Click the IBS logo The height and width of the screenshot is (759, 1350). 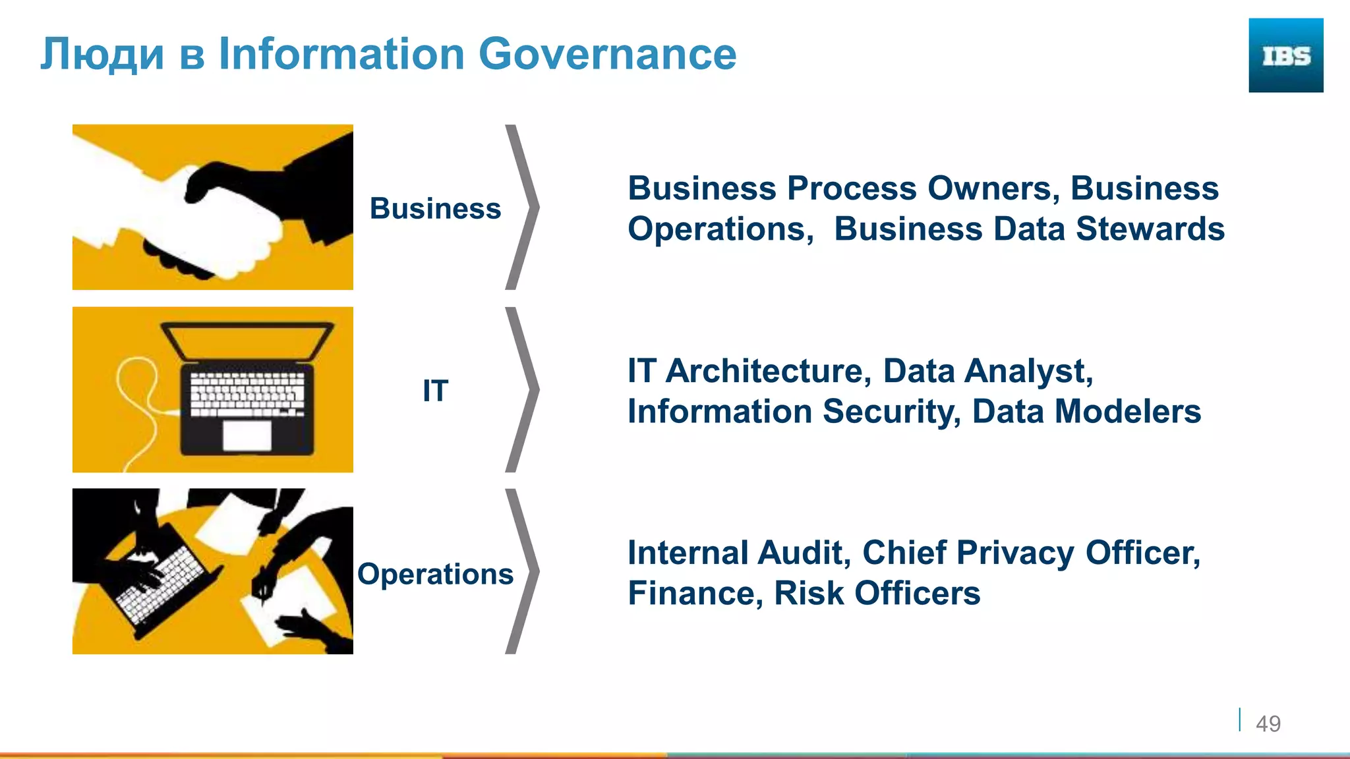click(1285, 55)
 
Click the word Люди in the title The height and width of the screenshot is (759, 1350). click(102, 54)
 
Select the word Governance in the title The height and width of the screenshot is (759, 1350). click(607, 54)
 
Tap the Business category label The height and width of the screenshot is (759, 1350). click(435, 209)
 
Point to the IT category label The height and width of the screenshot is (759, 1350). click(435, 391)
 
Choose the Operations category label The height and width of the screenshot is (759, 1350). click(435, 574)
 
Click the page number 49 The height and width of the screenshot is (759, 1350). click(1268, 723)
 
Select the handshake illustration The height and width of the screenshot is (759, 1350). click(212, 207)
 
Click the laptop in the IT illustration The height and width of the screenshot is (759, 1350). click(247, 389)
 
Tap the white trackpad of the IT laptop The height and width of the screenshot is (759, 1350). click(247, 435)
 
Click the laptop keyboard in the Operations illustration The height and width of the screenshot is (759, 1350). click(161, 583)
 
